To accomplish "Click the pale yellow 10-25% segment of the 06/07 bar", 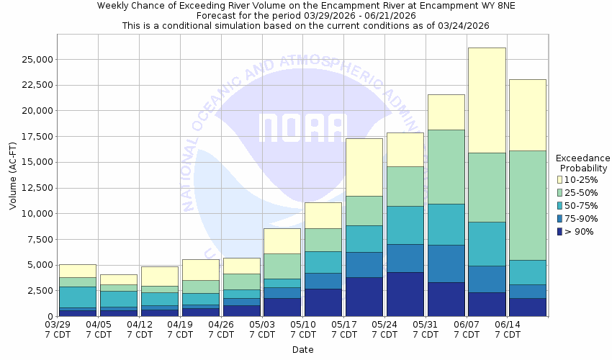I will pos(487,100).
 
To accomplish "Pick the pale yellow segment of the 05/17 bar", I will pos(364,167).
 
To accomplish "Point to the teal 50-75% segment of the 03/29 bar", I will pos(77,297).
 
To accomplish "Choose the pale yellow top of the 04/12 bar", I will pos(159,276).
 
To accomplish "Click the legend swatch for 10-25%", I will pos(560,179).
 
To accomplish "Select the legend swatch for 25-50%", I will pos(560,192).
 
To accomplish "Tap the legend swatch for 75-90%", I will pos(560,218).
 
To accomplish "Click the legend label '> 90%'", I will pos(580,231).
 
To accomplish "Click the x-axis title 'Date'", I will pos(303,349).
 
